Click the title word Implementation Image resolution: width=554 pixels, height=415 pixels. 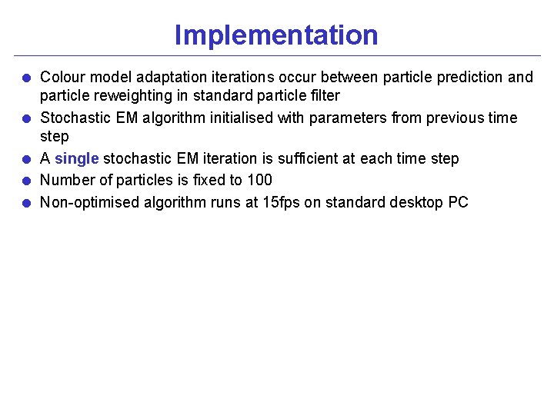276,35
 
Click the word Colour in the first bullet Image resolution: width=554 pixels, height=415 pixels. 63,77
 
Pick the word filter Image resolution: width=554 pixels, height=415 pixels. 323,96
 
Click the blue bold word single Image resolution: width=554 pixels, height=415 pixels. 76,159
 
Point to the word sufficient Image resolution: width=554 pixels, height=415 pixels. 314,159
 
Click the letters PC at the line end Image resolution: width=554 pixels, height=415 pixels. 458,203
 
